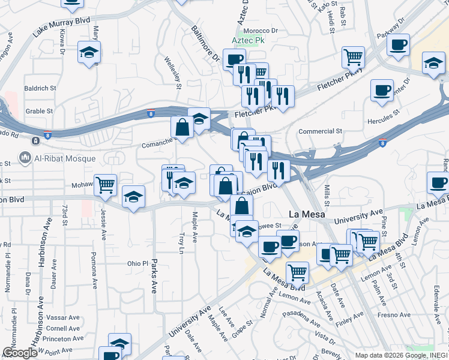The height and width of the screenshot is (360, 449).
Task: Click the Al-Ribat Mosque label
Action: [66, 158]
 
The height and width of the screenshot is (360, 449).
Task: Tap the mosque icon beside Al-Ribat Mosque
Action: [25, 158]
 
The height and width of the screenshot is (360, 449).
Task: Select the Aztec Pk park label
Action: [249, 41]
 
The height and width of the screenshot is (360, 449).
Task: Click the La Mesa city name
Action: [307, 214]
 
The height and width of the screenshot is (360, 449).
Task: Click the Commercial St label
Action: [320, 131]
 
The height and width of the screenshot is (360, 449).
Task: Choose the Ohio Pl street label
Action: [137, 263]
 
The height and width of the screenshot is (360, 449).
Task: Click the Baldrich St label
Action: [40, 88]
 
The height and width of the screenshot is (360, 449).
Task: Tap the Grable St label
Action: [40, 111]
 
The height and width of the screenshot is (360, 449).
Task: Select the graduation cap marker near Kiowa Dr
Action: [89, 52]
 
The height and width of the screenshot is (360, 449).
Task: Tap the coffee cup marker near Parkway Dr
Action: [398, 44]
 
